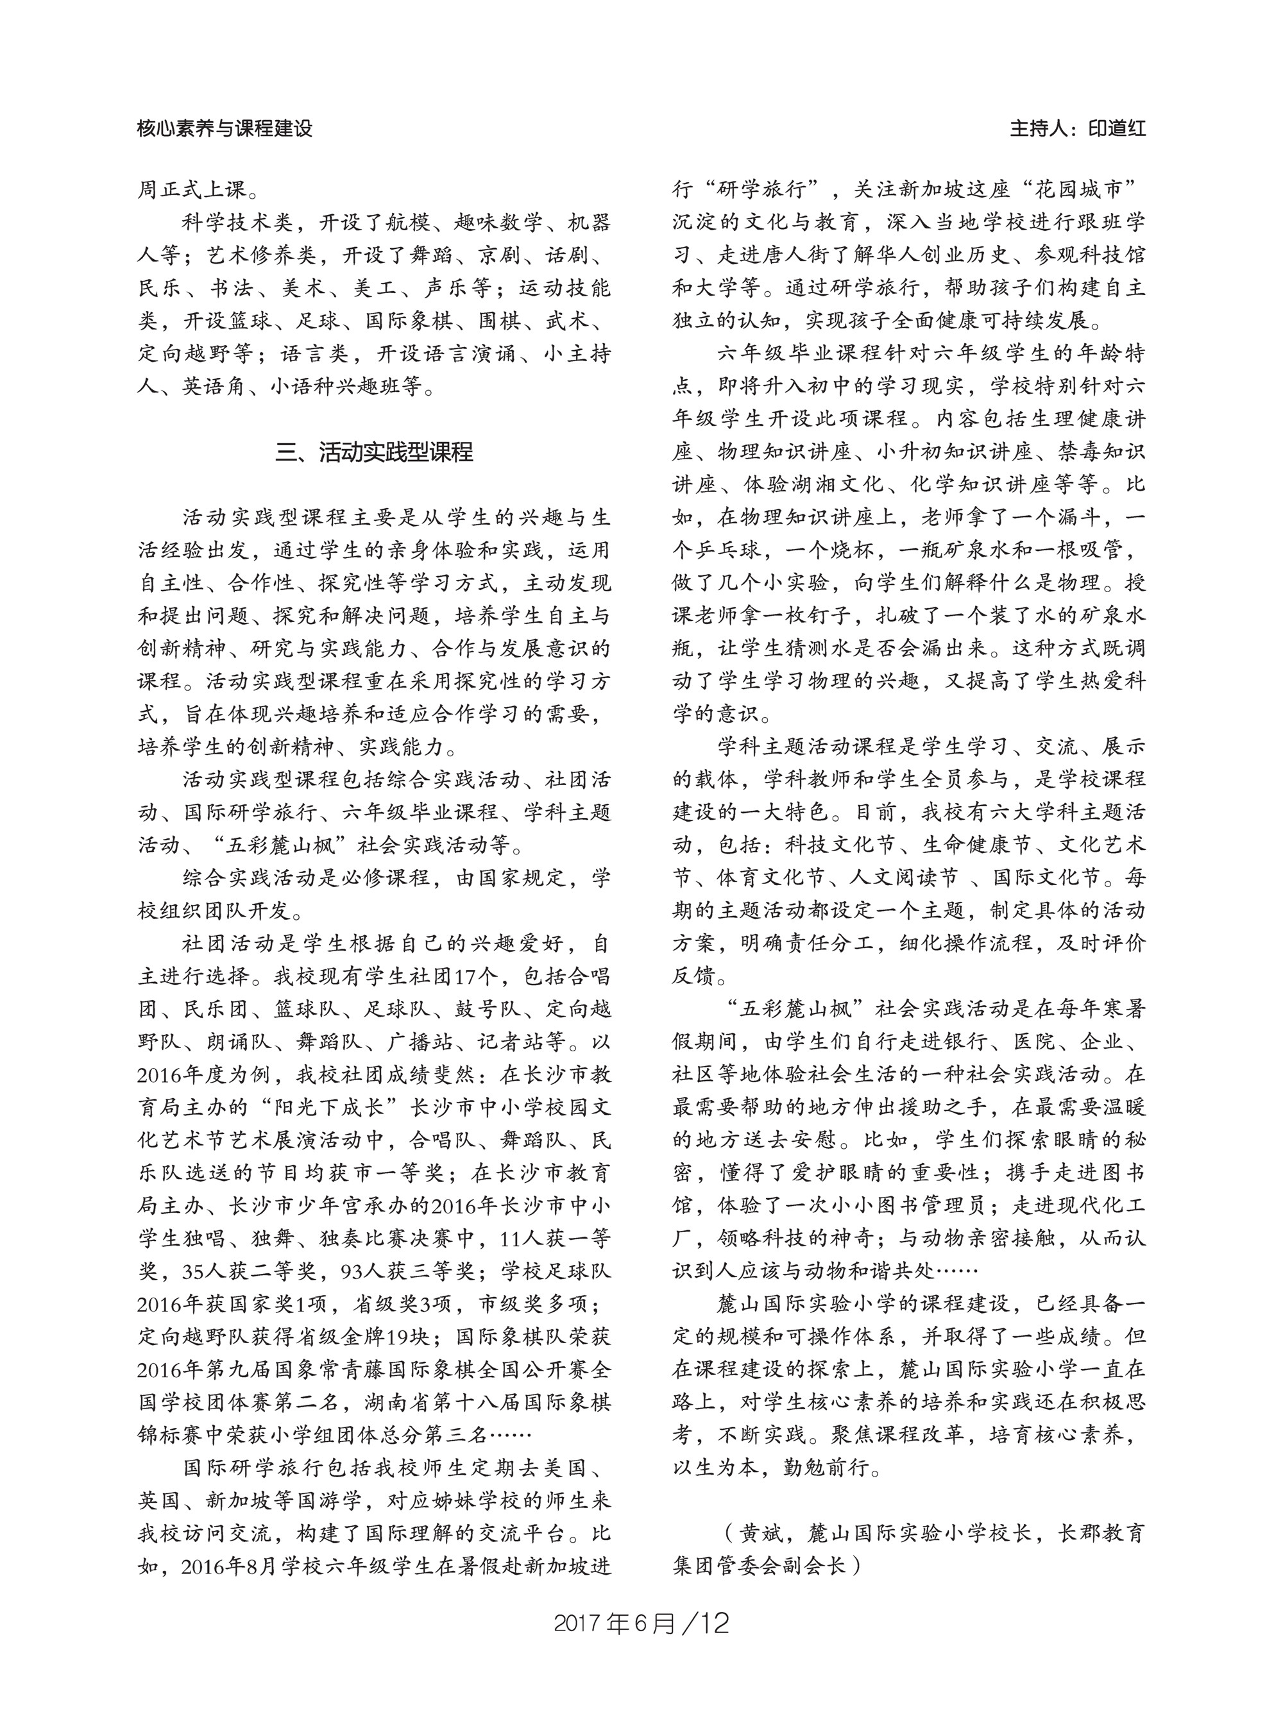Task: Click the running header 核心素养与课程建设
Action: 225,128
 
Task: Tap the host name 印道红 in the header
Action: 1116,128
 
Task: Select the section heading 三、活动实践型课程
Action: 375,452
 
